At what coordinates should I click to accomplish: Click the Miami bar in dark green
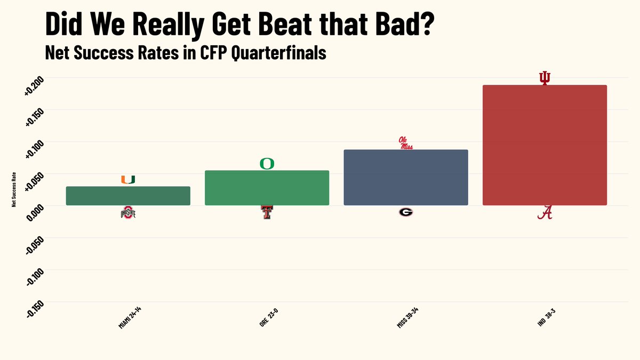128,196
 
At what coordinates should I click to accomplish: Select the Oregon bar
267,188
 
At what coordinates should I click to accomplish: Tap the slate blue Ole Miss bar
405,177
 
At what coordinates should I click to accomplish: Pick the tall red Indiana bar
544,145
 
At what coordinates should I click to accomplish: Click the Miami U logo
128,179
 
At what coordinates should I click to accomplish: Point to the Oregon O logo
267,163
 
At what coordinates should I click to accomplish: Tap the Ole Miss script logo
406,142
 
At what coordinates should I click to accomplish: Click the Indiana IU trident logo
545,78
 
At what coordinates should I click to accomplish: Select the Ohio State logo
128,213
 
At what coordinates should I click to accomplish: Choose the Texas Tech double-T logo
267,212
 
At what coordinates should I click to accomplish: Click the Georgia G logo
405,212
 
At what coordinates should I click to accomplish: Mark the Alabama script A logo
545,212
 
